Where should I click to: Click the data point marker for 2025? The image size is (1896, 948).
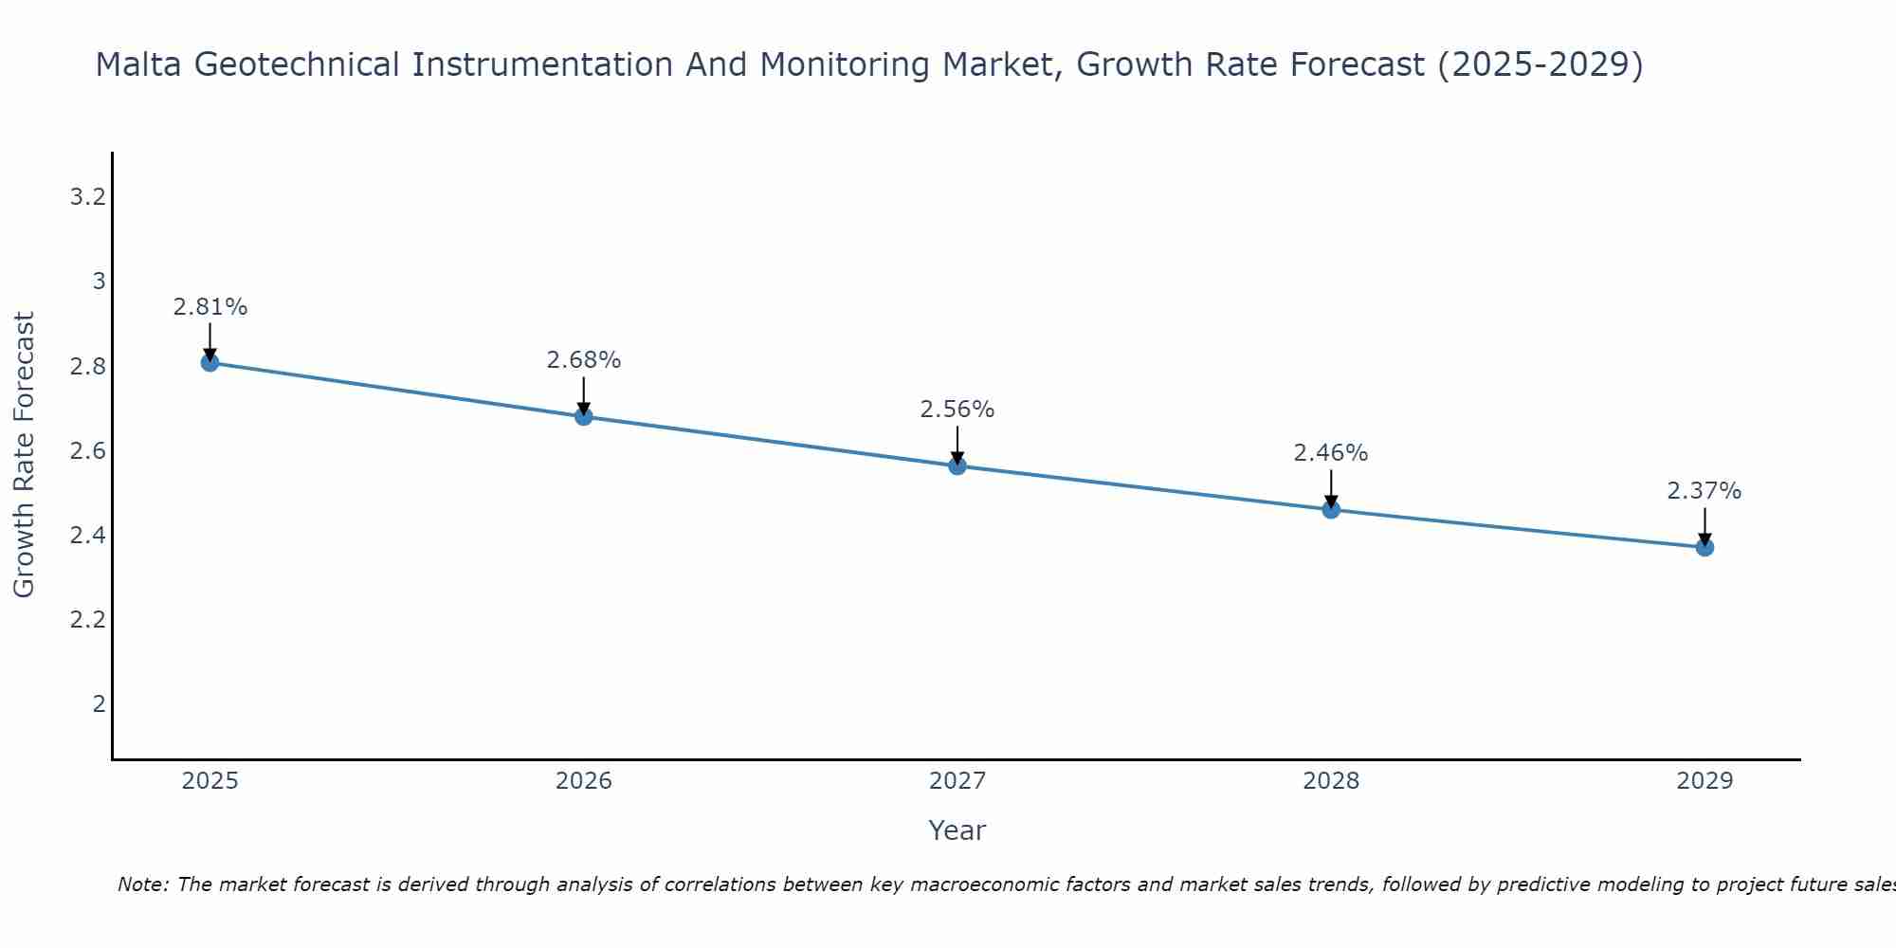pos(210,362)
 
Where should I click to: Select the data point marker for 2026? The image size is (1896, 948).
pos(584,416)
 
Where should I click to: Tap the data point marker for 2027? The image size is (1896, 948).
pos(957,465)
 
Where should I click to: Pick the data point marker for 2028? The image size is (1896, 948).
pos(1331,509)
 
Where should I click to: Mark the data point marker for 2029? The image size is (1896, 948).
pos(1705,547)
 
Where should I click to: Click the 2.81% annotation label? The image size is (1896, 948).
pos(210,307)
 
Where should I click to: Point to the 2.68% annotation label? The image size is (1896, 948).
pos(584,360)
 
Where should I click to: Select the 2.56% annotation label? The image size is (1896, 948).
pos(957,410)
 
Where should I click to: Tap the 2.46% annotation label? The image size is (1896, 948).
pos(1331,453)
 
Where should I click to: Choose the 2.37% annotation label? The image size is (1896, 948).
pos(1705,491)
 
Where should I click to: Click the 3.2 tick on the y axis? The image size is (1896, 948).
pos(87,197)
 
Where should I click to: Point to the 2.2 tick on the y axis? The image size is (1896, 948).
pos(87,620)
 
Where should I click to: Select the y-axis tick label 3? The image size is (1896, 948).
pos(99,282)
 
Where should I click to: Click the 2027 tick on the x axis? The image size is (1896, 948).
pos(957,781)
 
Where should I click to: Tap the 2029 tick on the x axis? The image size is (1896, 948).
pos(1705,781)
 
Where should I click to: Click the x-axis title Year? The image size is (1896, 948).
pos(957,830)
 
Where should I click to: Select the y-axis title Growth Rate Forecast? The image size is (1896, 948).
pos(24,455)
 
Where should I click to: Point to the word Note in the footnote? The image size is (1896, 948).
pos(143,884)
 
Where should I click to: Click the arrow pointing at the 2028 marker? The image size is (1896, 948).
pos(1331,487)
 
